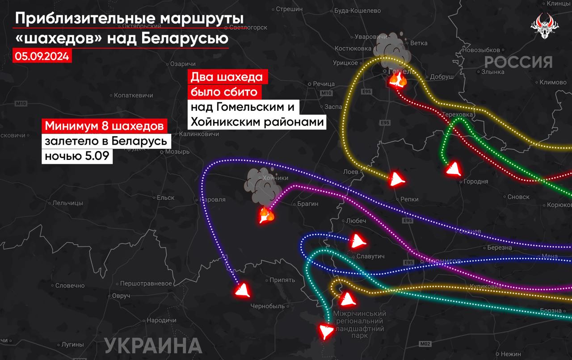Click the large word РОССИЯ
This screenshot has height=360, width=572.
518,62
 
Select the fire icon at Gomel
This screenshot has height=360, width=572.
397,80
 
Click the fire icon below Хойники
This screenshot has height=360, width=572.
267,216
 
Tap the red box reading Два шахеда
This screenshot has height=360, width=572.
227,77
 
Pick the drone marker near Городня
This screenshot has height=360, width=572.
454,169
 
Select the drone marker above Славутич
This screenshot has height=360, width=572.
357,241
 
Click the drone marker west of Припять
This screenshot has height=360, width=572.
243,291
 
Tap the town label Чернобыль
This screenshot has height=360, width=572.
268,306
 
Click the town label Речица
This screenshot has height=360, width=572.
324,84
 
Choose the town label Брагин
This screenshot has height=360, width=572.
307,204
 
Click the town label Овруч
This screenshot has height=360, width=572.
121,296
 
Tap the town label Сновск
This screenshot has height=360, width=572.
518,197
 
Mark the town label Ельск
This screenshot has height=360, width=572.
165,197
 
